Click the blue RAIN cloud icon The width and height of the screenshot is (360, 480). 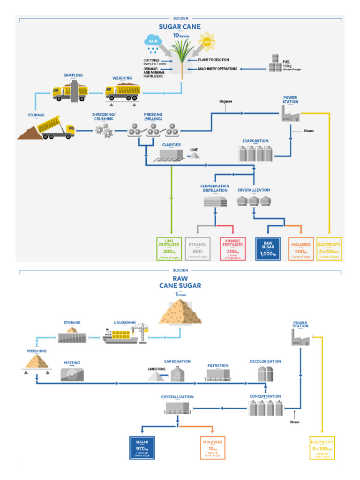tap(153, 41)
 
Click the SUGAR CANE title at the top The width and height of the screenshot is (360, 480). tap(180, 27)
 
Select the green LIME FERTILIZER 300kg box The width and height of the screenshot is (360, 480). tap(169, 248)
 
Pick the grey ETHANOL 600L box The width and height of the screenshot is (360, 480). tap(197, 248)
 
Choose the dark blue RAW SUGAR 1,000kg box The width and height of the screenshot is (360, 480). tap(268, 248)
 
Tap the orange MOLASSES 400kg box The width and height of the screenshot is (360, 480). tap(301, 248)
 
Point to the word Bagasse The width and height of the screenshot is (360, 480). tap(225, 101)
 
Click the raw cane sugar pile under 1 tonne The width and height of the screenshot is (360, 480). tap(180, 312)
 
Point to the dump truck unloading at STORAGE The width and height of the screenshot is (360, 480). tap(56, 127)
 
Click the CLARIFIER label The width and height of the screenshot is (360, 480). tap(171, 145)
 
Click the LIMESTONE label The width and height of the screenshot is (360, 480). tap(157, 369)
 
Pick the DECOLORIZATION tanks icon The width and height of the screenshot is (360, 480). tap(265, 374)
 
